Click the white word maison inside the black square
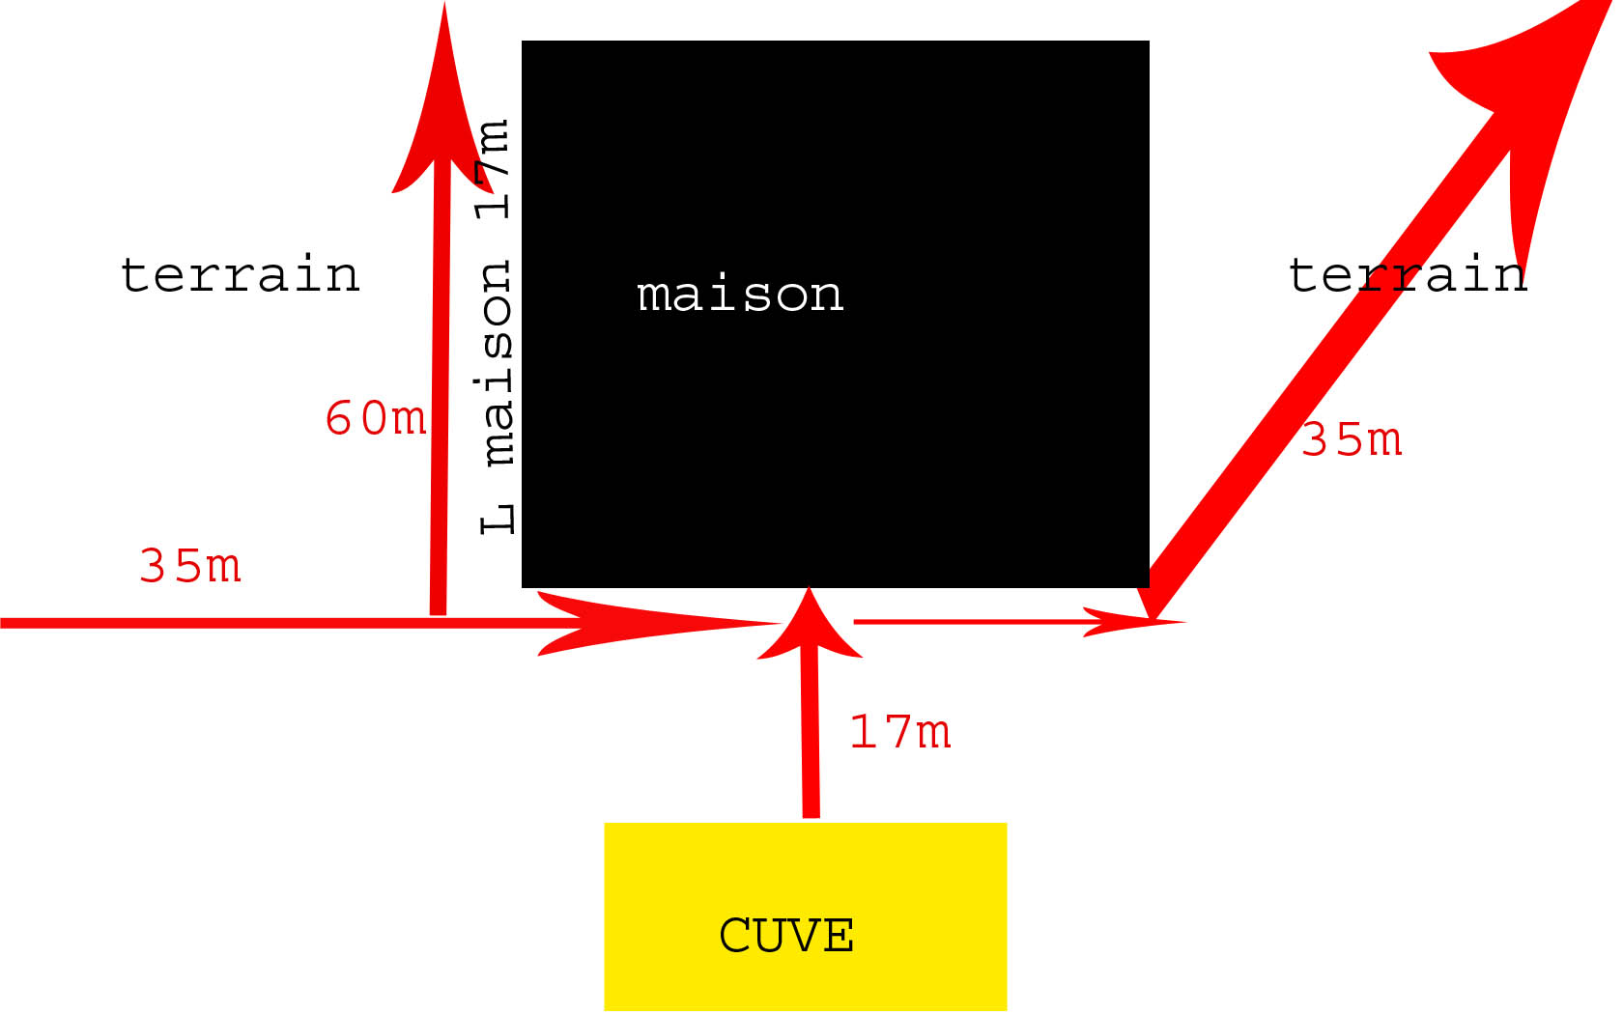point(740,295)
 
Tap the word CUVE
point(786,935)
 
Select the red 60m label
point(376,419)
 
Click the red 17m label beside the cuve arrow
point(900,733)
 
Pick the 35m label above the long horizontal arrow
point(190,567)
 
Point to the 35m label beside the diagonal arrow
point(1352,440)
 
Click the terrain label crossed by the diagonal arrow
point(1408,275)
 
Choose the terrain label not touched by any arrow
point(240,275)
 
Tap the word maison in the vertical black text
point(497,362)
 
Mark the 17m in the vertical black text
point(494,169)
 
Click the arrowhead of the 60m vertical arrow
point(442,106)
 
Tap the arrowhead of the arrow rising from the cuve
point(810,628)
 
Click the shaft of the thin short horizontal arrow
point(966,622)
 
